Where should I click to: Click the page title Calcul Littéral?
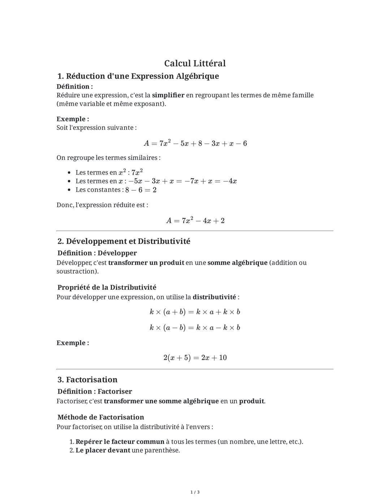pos(195,63)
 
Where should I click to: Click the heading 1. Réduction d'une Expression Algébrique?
pos(138,76)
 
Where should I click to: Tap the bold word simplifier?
pos(168,95)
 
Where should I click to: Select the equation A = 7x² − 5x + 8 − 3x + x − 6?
pos(195,143)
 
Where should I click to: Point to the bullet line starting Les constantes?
pos(116,190)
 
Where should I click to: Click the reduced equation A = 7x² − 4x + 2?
pos(195,220)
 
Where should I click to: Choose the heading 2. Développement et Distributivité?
pos(123,241)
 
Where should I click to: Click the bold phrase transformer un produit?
pos(146,263)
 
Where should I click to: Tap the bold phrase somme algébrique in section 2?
pos(237,263)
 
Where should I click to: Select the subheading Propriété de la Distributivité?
pos(107,288)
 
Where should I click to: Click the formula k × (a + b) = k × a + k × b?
pos(195,312)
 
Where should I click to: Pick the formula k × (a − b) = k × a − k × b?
pos(195,328)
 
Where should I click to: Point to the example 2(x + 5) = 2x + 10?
pos(195,358)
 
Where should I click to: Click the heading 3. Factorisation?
pos(87,380)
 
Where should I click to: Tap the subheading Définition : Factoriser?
pos(95,391)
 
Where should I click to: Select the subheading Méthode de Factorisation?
pos(100,417)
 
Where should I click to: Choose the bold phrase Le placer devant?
pos(103,450)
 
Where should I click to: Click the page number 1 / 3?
pos(195,492)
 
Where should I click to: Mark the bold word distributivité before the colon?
pos(214,297)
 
